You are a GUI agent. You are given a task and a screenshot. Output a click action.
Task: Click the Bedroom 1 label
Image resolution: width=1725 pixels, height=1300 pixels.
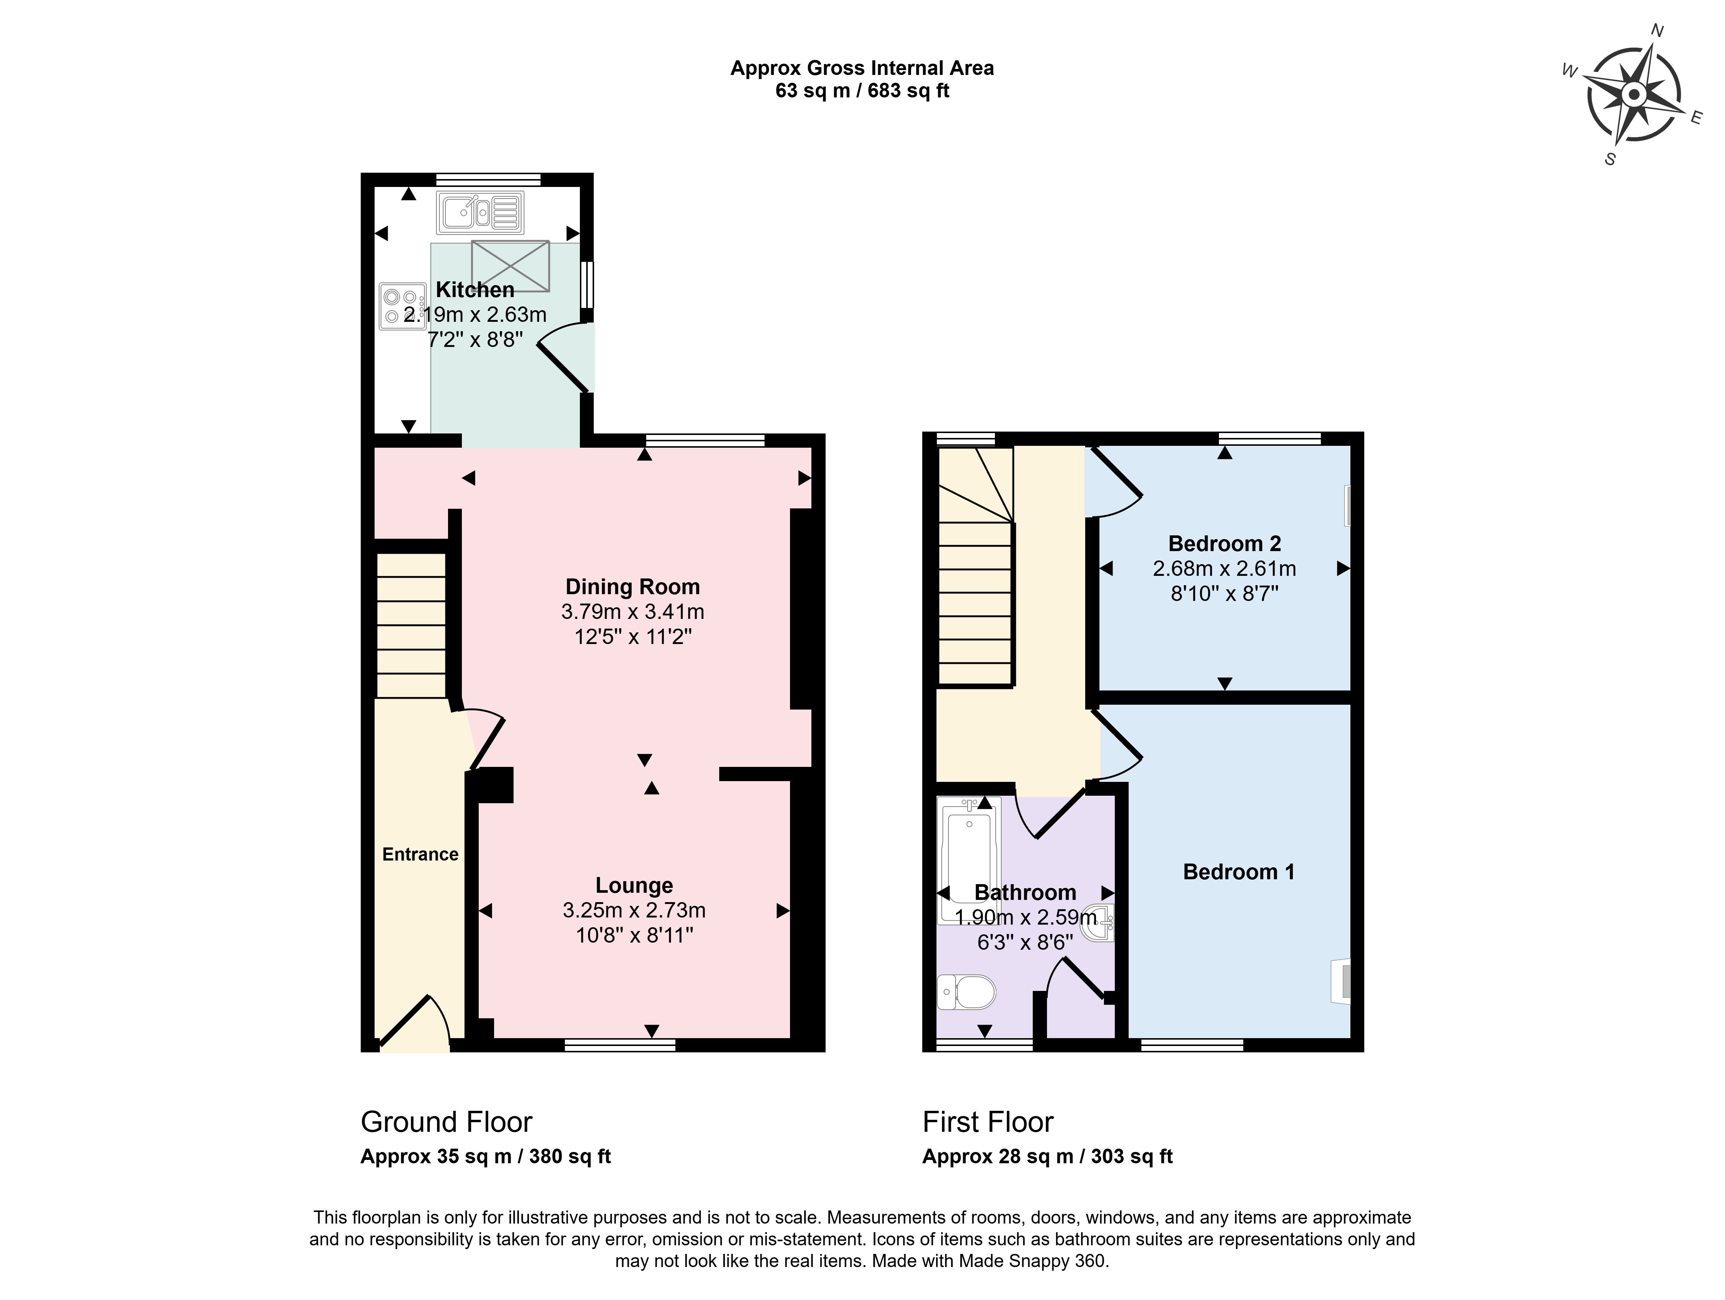[x=1238, y=872]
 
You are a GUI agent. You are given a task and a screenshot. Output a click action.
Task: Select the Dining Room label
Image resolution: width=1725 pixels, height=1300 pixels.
[x=632, y=586]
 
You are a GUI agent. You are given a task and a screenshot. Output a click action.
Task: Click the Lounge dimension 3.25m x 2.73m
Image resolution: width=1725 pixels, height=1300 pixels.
[x=634, y=910]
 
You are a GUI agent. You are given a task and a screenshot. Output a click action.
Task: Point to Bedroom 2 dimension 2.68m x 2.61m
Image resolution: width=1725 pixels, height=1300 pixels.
[x=1224, y=568]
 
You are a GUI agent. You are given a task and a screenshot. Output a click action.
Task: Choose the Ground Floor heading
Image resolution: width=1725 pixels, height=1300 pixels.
[x=446, y=1122]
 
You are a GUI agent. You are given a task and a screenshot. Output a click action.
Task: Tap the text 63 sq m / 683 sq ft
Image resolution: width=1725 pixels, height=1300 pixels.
[x=862, y=90]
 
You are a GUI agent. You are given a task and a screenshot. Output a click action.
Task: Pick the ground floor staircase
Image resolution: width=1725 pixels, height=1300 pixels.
[x=412, y=625]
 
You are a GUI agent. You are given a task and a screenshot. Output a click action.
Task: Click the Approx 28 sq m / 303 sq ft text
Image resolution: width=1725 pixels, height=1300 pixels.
[x=1047, y=1157]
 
